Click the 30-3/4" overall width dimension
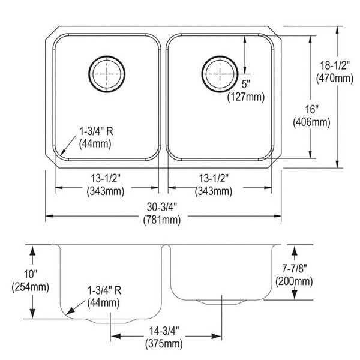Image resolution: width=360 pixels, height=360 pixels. coord(162,208)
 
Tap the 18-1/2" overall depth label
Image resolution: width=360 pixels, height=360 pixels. coord(335,65)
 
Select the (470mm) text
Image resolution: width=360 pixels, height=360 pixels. coord(335,78)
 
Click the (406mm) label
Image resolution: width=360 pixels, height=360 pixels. coord(311,122)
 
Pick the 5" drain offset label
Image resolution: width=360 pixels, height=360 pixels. coord(245,84)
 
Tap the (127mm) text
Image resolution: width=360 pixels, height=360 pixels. coord(246,97)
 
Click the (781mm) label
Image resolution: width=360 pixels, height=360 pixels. coord(162,220)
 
